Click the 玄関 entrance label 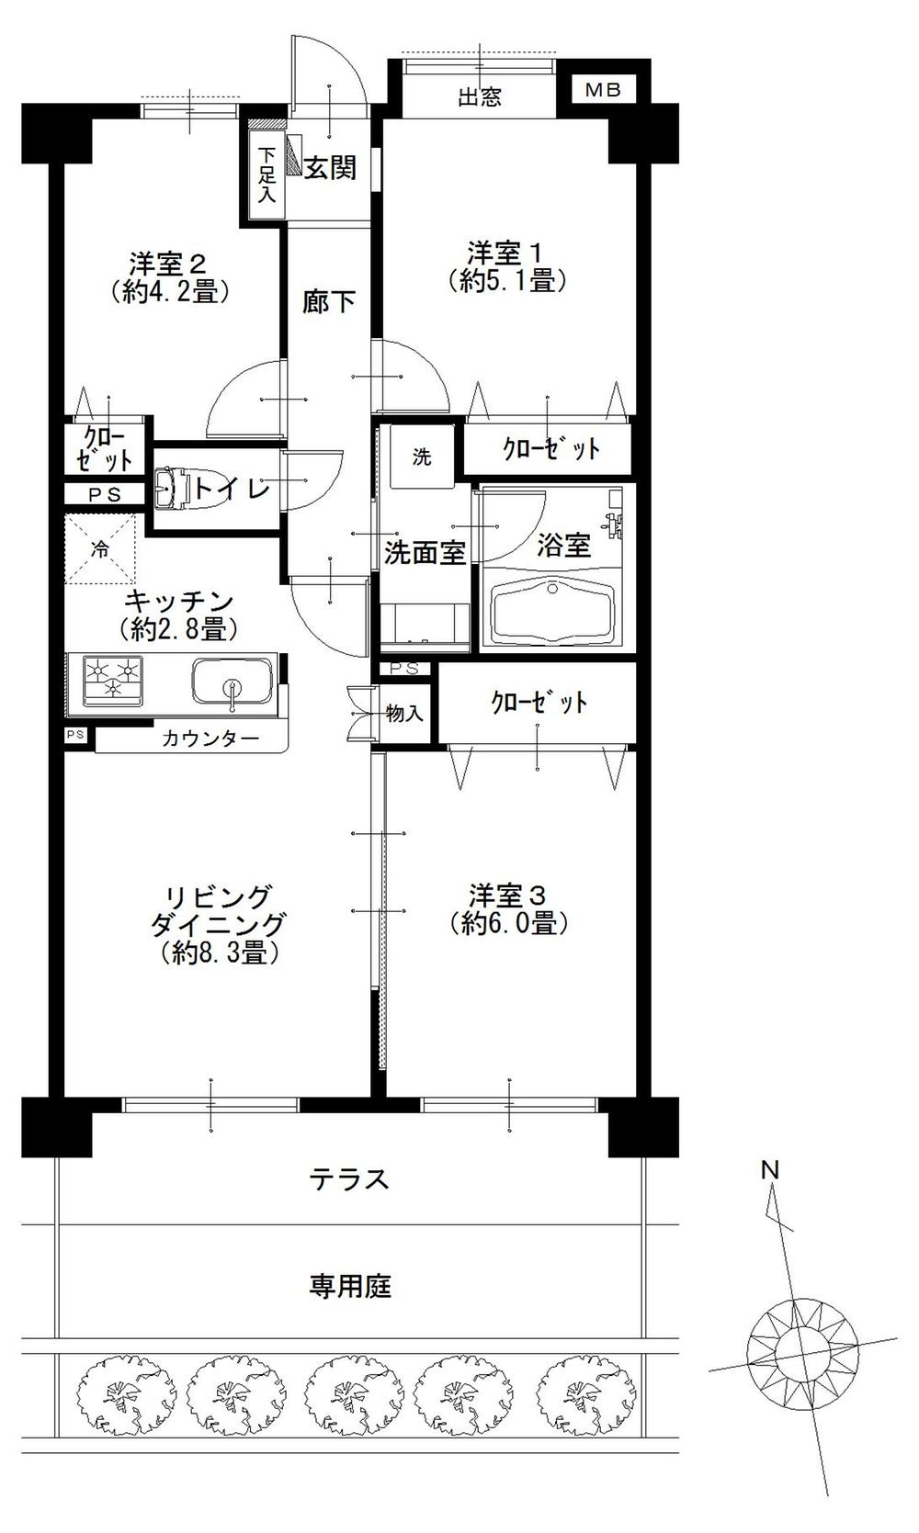coord(330,168)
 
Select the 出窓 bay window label coord(480,96)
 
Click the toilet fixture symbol coord(170,489)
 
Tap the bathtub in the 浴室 coord(553,611)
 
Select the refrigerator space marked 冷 coord(100,550)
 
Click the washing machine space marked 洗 coord(421,457)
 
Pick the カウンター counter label coord(210,738)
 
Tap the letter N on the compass coord(770,1170)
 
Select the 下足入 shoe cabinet coord(267,175)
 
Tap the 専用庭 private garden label coord(350,1286)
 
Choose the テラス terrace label coord(349,1178)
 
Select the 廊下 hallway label coord(329,301)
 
